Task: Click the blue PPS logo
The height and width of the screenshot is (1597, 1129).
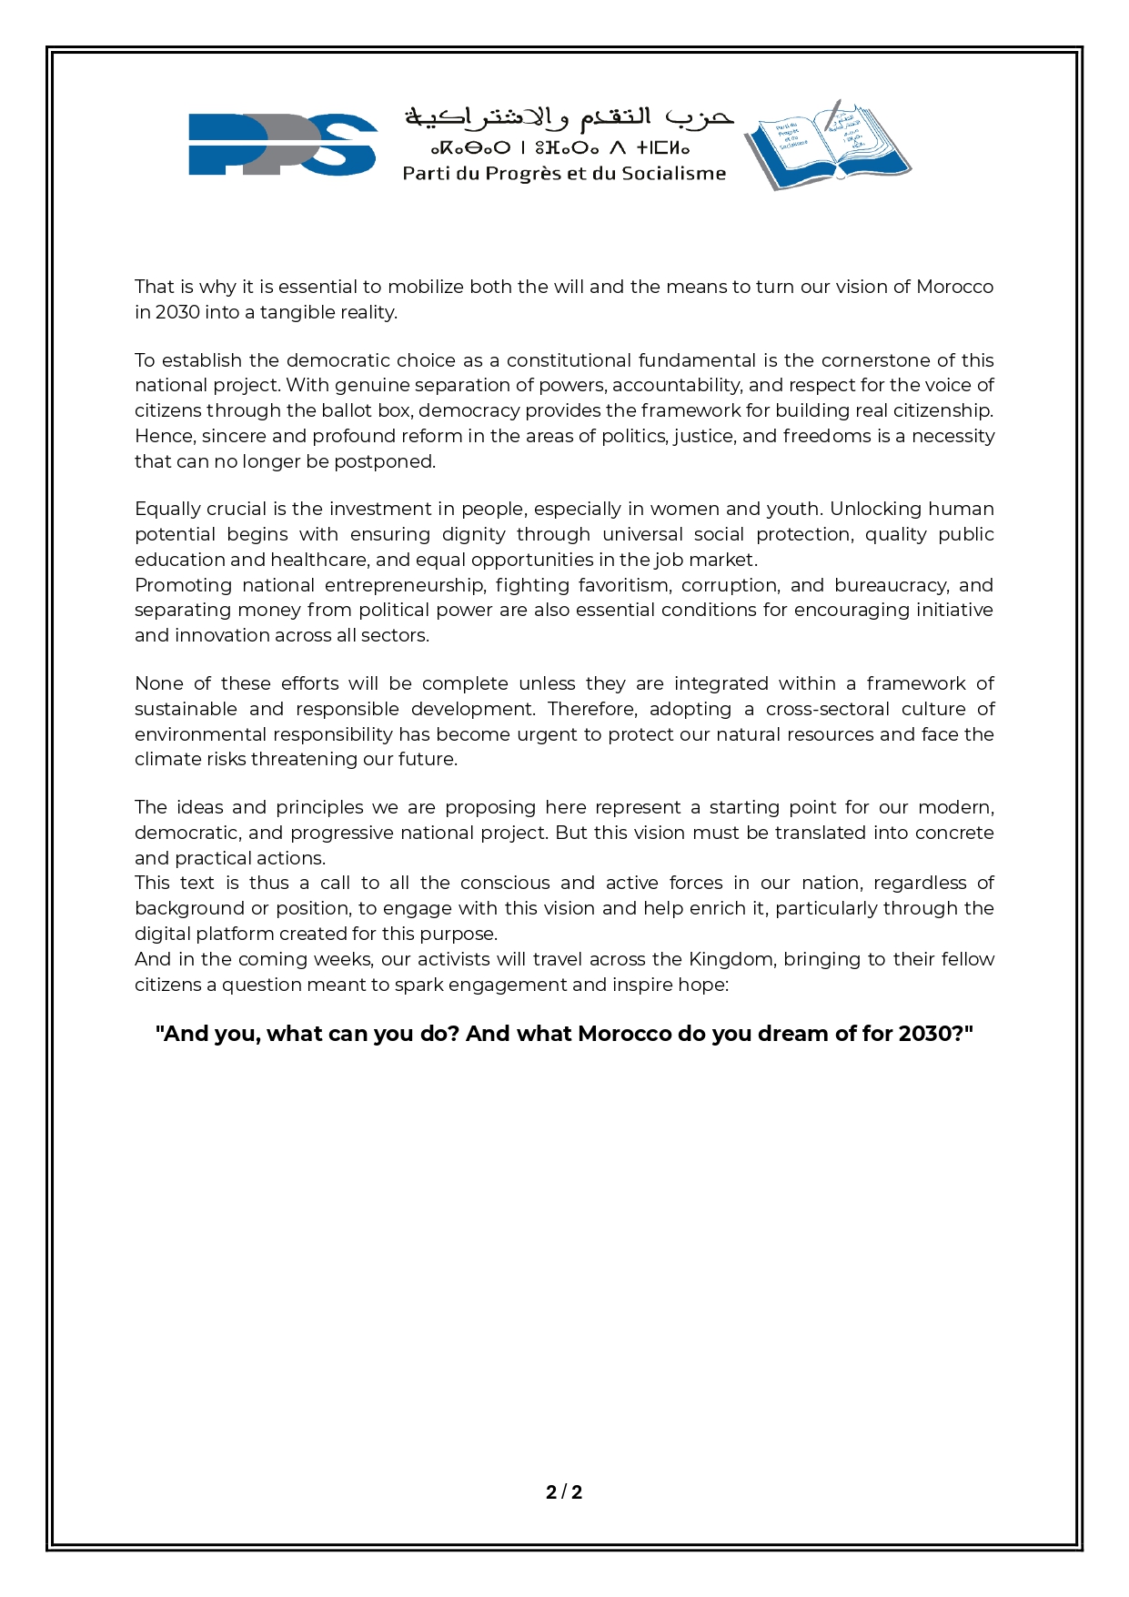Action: (x=282, y=144)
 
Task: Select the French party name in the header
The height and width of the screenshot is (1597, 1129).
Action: (x=564, y=173)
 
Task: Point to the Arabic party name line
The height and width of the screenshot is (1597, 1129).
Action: (x=569, y=118)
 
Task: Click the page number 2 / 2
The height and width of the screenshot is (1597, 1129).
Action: (x=564, y=1491)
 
